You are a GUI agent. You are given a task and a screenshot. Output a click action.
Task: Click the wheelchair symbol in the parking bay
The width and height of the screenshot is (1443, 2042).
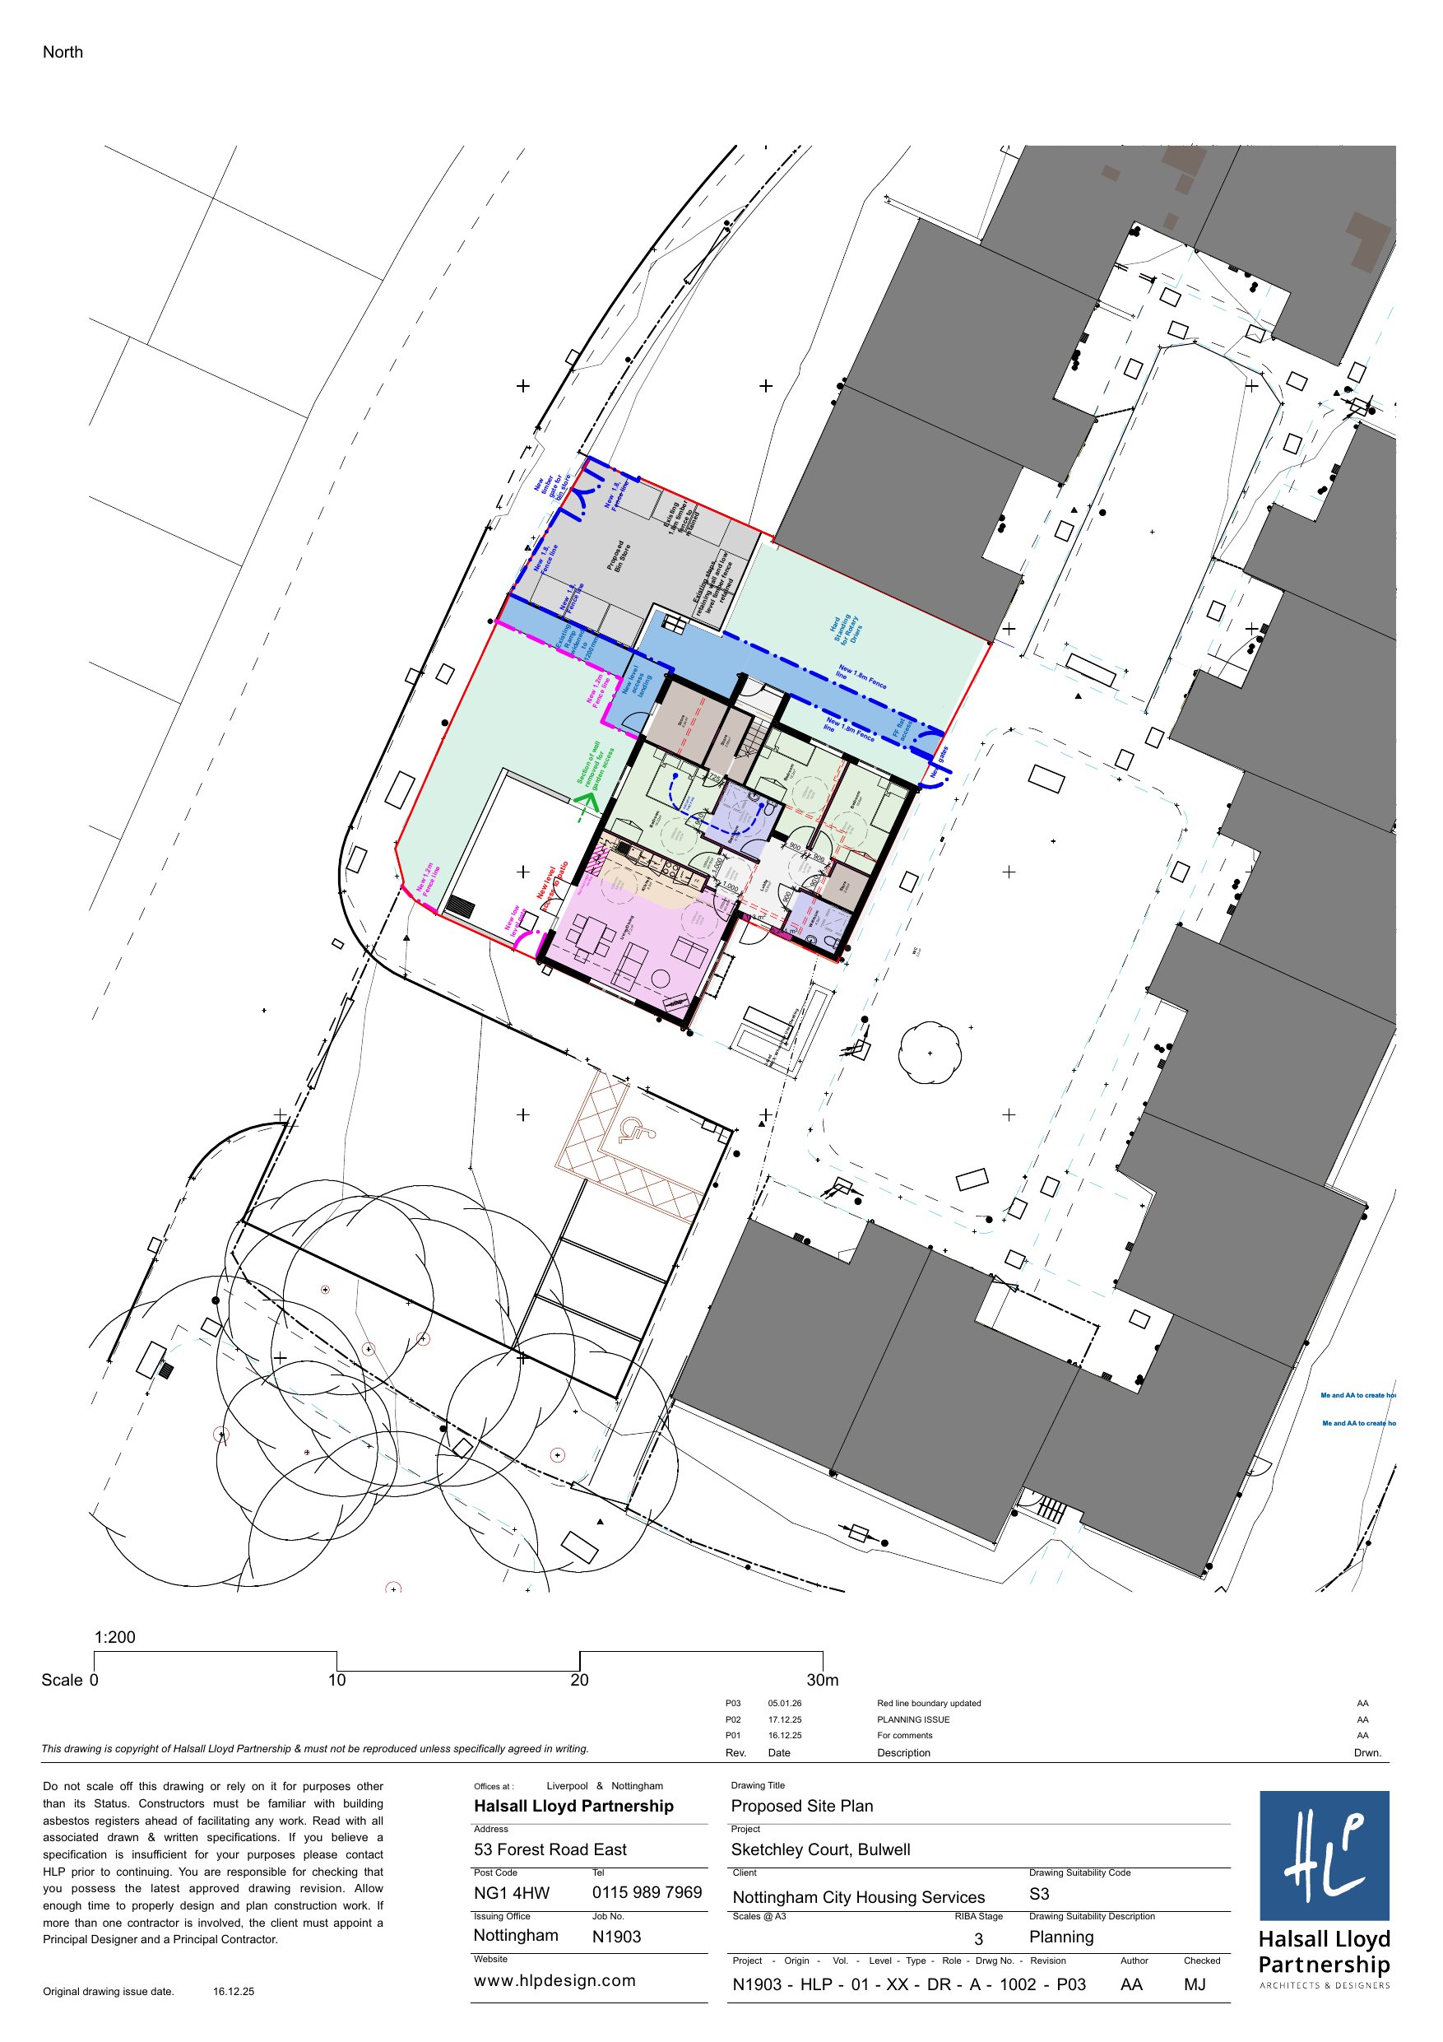635,1130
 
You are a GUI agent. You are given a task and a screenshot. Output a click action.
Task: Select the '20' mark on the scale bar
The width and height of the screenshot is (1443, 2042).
579,1680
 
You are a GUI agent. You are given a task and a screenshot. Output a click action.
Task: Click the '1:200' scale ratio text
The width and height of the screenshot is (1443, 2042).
114,1637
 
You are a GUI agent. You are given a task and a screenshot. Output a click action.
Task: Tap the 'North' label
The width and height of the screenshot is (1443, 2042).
63,53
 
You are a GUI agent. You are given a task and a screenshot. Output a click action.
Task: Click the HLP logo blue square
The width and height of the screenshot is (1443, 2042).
1323,1855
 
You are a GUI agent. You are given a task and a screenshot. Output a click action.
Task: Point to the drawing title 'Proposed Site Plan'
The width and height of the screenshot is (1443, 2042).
801,1806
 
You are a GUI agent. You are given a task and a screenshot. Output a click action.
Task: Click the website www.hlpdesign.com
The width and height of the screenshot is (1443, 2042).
554,1980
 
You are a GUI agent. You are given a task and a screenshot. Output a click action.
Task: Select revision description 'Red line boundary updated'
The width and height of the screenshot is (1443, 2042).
928,1703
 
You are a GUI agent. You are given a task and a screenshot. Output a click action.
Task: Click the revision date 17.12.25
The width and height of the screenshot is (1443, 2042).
784,1719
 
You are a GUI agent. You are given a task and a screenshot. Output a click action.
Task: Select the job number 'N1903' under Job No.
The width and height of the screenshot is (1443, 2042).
616,1936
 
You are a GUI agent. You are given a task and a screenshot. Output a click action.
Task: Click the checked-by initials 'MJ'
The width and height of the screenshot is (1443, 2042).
1194,1984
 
